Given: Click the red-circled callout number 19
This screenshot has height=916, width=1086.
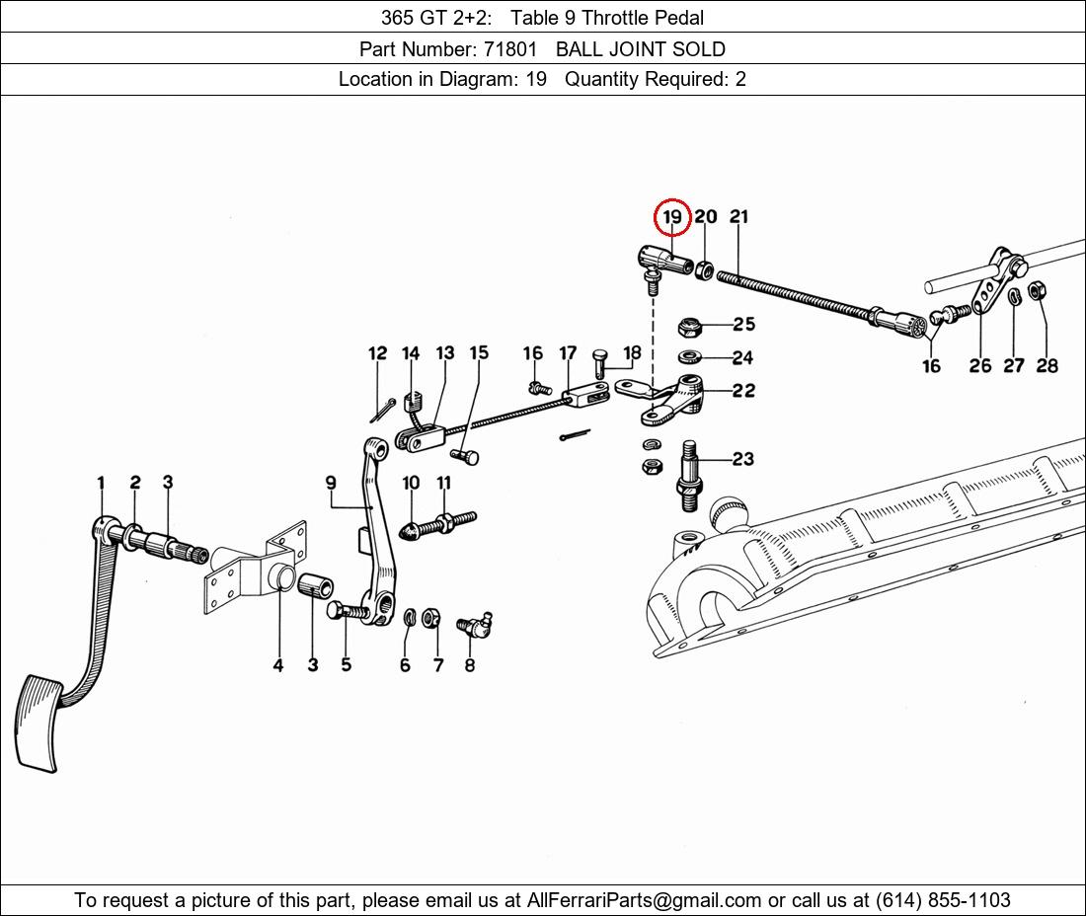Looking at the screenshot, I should coord(672,217).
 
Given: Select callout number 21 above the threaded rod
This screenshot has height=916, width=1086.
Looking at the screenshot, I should coord(739,217).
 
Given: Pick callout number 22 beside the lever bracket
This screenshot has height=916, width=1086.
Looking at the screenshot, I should coord(743,391).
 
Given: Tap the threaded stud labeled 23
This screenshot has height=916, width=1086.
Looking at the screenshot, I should coord(691,474).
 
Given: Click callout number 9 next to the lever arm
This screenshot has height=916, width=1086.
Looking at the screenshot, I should coord(331,483).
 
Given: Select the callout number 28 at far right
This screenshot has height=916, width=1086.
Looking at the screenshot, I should coord(1047,366).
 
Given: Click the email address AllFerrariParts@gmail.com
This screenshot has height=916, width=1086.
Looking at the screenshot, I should coord(645,900).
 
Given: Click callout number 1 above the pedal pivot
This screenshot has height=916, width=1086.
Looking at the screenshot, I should coord(101,483).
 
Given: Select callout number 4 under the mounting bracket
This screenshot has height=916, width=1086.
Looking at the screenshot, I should coord(278,665).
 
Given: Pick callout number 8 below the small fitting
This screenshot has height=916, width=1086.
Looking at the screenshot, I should coord(470,665).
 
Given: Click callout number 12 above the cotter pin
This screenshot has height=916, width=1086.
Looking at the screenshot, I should coord(378,353).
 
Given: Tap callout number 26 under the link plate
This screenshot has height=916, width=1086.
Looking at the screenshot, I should coord(979,366).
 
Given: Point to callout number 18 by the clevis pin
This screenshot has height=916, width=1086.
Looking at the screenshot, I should coord(632,352).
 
